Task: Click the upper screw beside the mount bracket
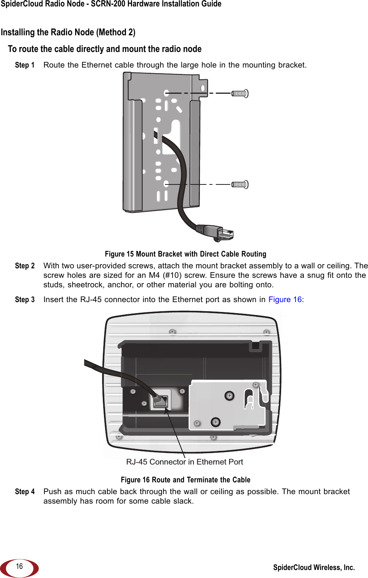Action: point(240,93)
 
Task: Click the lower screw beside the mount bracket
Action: point(240,185)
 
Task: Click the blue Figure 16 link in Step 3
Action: point(285,299)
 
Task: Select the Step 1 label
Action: point(25,65)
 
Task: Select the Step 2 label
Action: point(25,266)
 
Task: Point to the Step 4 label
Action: point(25,491)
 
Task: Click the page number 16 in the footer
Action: point(19,566)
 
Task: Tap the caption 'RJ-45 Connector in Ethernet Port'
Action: point(184,462)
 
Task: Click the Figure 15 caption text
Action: point(186,254)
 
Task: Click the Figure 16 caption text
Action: point(186,480)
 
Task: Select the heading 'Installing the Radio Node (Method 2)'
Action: point(68,32)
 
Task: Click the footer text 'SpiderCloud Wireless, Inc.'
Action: point(314,567)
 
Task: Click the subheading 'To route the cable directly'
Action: point(105,49)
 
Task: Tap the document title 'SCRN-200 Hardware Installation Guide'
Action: point(156,4)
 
